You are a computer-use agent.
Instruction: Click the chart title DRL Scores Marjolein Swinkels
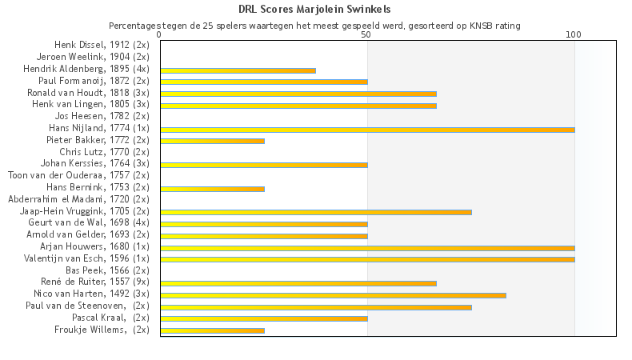pos(314,10)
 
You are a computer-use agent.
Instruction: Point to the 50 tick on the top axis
pos(366,35)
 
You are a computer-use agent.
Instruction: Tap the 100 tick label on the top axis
pos(574,35)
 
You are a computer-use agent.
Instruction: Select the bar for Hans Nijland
pos(367,130)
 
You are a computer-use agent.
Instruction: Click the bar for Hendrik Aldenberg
pos(238,70)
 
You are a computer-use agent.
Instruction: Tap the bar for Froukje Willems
pos(212,330)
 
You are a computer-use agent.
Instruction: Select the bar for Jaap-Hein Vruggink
pos(315,212)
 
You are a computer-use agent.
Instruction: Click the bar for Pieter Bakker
pos(212,142)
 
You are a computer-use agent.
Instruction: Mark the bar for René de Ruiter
pos(298,283)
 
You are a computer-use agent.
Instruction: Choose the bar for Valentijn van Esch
pos(367,259)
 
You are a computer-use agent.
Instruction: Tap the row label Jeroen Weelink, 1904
pos(93,58)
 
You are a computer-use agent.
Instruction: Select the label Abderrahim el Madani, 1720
pos(78,199)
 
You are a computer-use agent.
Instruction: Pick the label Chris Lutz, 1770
pos(104,152)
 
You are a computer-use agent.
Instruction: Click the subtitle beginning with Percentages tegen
pos(314,26)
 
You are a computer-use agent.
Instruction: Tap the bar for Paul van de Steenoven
pos(315,306)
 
